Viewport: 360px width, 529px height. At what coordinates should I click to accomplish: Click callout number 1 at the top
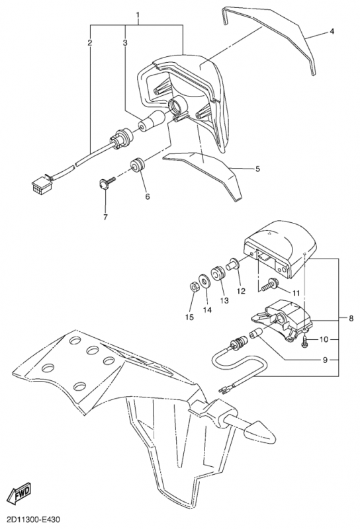[x=138, y=15]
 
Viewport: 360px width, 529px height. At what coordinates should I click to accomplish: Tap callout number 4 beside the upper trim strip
[x=332, y=31]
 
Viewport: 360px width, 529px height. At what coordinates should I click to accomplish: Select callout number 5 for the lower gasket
[x=257, y=169]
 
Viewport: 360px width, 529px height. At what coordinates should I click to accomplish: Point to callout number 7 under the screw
[x=105, y=218]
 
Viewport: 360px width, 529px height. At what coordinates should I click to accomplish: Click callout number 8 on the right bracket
[x=351, y=318]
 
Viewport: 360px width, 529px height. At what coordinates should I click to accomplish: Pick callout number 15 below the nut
[x=190, y=317]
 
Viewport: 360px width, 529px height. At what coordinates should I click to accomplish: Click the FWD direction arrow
[x=22, y=495]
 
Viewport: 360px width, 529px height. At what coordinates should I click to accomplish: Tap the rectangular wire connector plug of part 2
[x=41, y=183]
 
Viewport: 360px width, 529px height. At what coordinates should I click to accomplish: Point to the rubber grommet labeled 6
[x=138, y=164]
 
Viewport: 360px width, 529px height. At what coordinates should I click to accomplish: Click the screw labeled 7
[x=105, y=183]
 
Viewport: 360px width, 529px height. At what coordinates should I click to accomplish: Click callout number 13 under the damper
[x=224, y=300]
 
